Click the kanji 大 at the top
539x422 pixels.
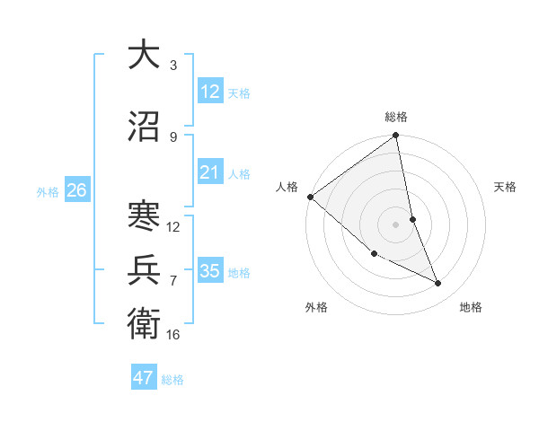144,55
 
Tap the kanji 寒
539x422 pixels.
144,216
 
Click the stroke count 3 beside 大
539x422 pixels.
173,66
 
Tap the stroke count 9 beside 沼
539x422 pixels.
173,136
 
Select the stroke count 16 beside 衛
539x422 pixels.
173,334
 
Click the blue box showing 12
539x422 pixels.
210,92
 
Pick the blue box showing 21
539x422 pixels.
210,172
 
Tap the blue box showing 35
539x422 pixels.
210,271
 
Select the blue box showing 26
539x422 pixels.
76,190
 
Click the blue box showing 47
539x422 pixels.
144,378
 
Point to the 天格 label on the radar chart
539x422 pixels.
506,187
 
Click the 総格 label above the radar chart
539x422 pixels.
396,117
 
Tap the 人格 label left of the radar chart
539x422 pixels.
287,187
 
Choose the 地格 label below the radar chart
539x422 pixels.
471,307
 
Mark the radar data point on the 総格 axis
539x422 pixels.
396,136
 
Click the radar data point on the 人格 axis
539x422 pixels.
310,197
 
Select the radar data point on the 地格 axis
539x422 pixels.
438,284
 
